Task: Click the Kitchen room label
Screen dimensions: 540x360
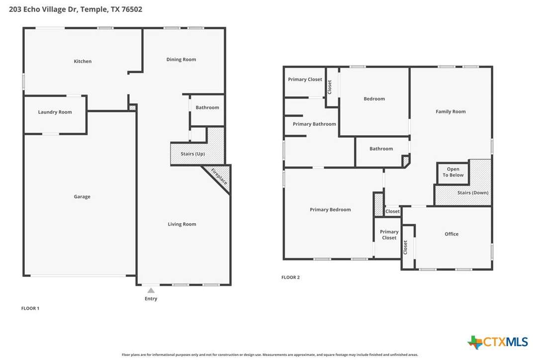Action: pyautogui.click(x=83, y=61)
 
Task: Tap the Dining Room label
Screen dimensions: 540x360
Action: pyautogui.click(x=181, y=60)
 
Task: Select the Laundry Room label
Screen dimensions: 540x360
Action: pyautogui.click(x=55, y=112)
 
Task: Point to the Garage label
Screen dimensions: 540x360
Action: pyautogui.click(x=82, y=197)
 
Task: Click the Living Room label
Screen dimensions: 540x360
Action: pyautogui.click(x=182, y=224)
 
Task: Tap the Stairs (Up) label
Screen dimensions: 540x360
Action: pyautogui.click(x=193, y=154)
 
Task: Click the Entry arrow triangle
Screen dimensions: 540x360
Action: pyautogui.click(x=151, y=290)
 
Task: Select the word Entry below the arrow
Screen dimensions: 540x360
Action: pyautogui.click(x=151, y=299)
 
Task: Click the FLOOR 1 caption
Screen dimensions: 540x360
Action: pyautogui.click(x=30, y=308)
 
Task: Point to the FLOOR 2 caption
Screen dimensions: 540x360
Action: pyautogui.click(x=291, y=277)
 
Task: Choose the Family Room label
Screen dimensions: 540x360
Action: pyautogui.click(x=450, y=111)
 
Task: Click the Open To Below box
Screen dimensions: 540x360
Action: pyautogui.click(x=453, y=173)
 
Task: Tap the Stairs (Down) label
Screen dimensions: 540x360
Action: pyautogui.click(x=473, y=192)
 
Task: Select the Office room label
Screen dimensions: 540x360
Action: pyautogui.click(x=451, y=234)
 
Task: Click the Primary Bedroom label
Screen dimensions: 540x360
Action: pyautogui.click(x=330, y=209)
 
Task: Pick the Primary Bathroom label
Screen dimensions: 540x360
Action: pyautogui.click(x=314, y=124)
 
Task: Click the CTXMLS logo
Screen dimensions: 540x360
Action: pyautogui.click(x=498, y=342)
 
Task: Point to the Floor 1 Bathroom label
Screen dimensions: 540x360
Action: pyautogui.click(x=207, y=107)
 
